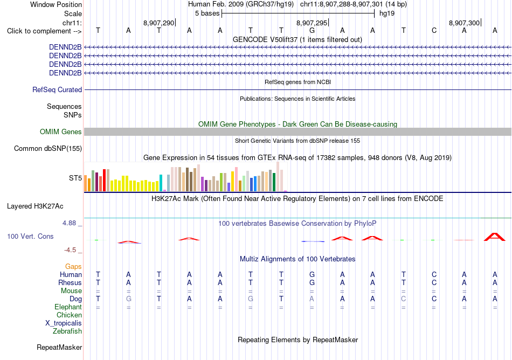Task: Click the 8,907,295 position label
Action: pyautogui.click(x=312, y=23)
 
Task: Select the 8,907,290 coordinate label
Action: pyautogui.click(x=158, y=23)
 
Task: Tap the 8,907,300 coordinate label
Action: pyautogui.click(x=464, y=23)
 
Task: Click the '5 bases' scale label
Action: pyautogui.click(x=207, y=13)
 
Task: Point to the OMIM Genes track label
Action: pyautogui.click(x=61, y=131)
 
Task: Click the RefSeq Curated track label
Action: pyautogui.click(x=57, y=90)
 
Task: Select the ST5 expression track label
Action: pyautogui.click(x=75, y=178)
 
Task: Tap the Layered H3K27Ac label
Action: pyautogui.click(x=35, y=206)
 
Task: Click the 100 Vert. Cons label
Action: pyautogui.click(x=30, y=236)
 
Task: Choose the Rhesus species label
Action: pyautogui.click(x=70, y=282)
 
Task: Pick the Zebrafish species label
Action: pyautogui.click(x=67, y=331)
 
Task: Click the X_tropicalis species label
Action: pyautogui.click(x=64, y=323)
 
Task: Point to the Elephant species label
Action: pyautogui.click(x=68, y=307)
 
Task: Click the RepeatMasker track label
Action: pyautogui.click(x=59, y=347)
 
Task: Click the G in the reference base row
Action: pyautogui.click(x=312, y=31)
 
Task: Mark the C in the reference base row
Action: pyautogui.click(x=434, y=31)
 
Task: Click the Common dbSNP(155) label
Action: pyautogui.click(x=47, y=149)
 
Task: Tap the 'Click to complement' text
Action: pyautogui.click(x=39, y=31)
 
